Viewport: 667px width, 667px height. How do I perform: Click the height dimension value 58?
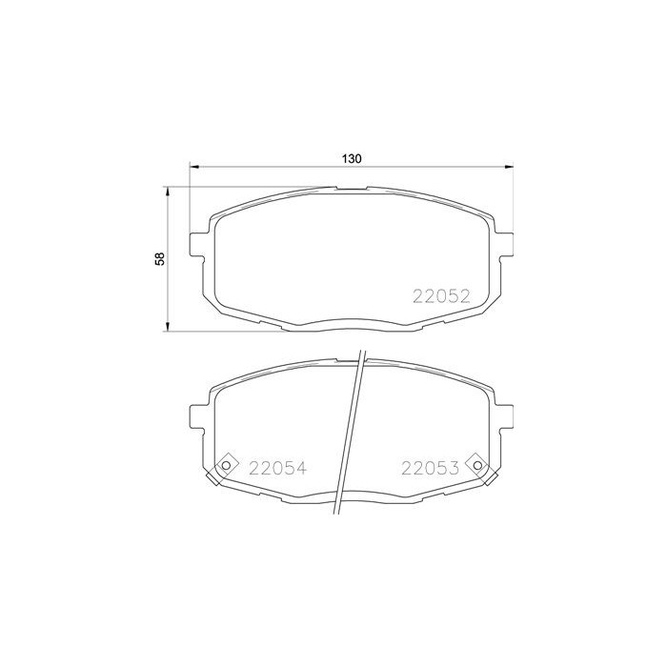click(161, 259)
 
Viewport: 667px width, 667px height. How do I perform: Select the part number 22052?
click(442, 296)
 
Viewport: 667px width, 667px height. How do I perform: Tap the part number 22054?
click(277, 468)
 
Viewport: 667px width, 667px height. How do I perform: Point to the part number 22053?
click(431, 468)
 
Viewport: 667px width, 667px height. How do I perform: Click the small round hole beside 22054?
click(227, 466)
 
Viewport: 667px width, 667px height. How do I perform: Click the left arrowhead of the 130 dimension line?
click(194, 168)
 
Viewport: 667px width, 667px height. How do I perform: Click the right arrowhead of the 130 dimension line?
click(510, 168)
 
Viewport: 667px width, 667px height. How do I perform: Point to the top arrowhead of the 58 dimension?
click(170, 191)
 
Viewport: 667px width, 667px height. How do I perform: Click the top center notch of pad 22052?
click(353, 187)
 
